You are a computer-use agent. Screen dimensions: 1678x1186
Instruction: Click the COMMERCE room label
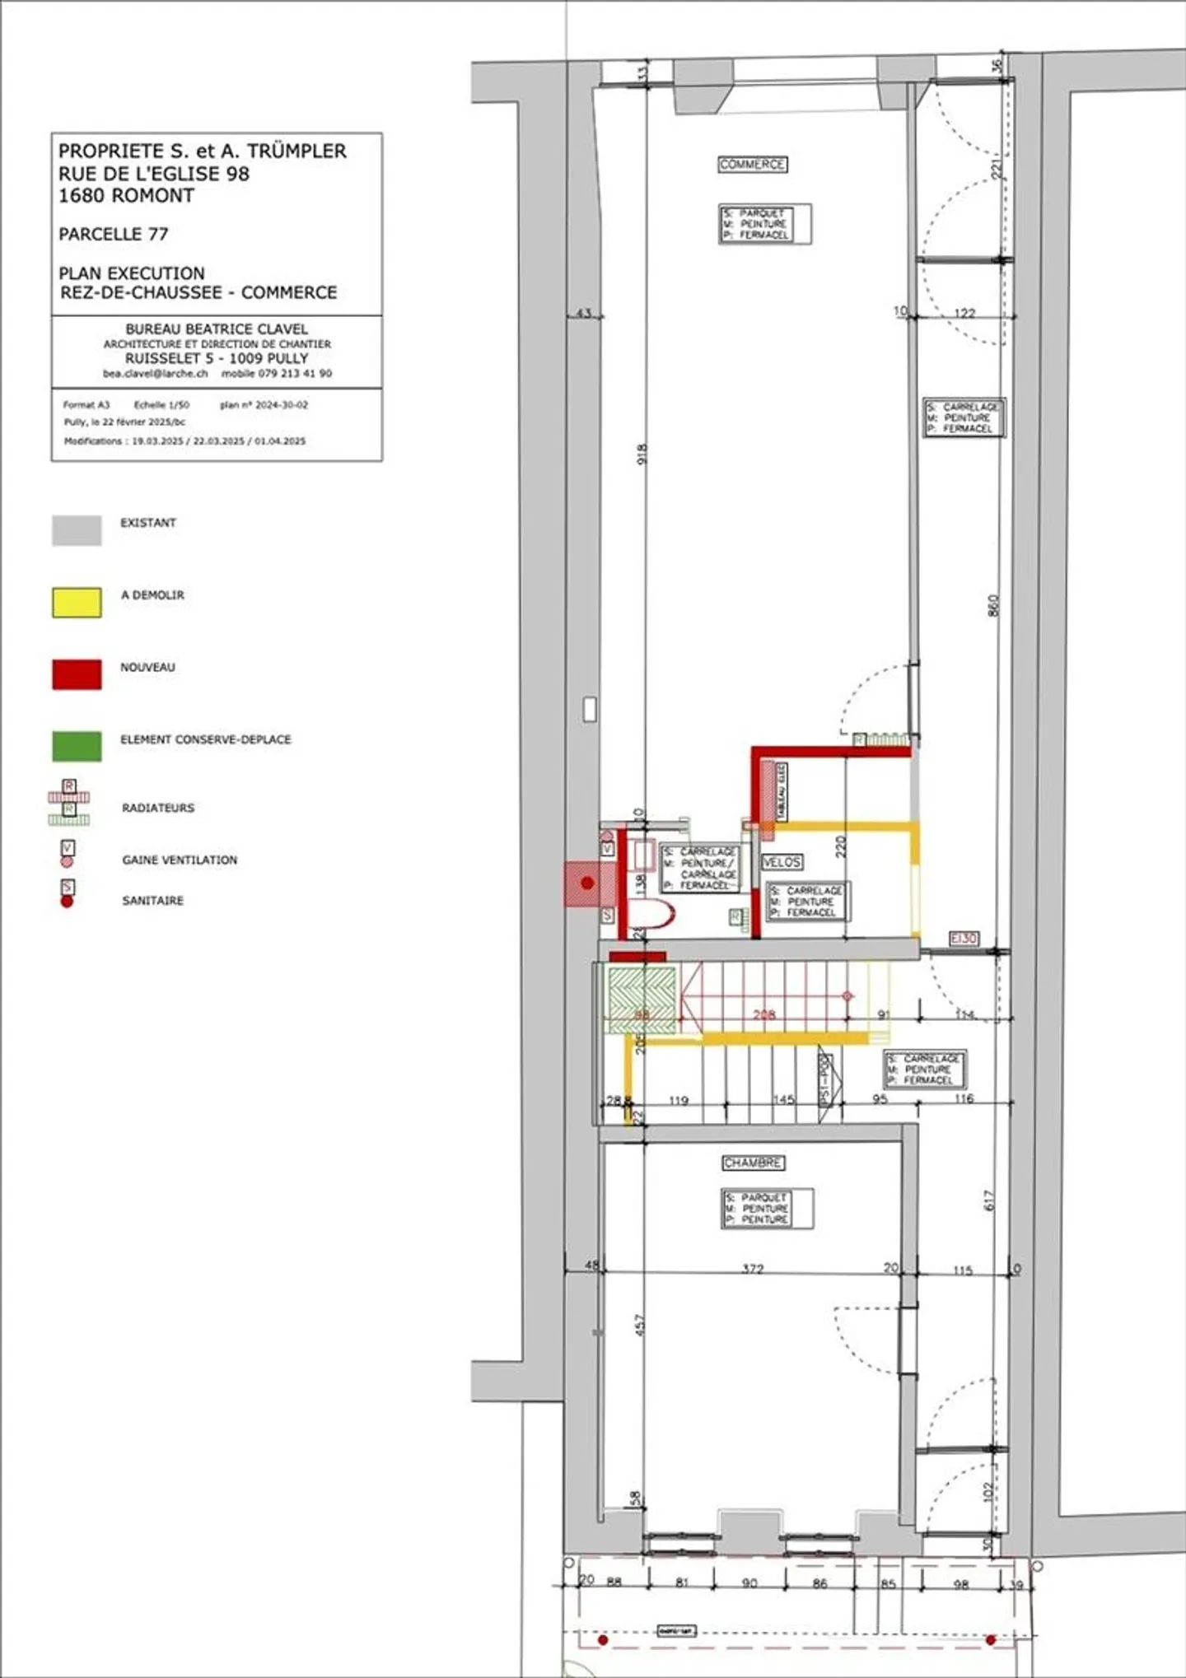(752, 165)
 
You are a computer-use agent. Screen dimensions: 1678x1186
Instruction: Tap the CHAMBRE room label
(753, 1163)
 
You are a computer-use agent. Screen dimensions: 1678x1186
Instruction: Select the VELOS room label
(782, 862)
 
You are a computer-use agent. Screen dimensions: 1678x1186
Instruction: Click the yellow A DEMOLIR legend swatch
(77, 602)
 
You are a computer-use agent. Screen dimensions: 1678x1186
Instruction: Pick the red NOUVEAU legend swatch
(77, 674)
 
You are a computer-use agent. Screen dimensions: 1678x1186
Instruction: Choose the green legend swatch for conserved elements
(77, 746)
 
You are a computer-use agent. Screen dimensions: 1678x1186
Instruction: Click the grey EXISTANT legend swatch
(77, 530)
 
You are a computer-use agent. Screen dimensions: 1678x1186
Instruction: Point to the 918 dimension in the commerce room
(642, 454)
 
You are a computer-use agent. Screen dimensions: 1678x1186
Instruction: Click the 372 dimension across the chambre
(753, 1269)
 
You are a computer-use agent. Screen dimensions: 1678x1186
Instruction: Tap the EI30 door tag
(964, 939)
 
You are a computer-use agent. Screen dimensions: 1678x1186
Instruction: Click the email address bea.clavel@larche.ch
(155, 374)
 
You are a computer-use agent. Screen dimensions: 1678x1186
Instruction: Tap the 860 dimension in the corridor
(993, 605)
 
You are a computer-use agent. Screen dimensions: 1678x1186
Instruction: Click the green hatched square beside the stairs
(642, 999)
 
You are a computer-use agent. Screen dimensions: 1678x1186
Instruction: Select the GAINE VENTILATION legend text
(180, 860)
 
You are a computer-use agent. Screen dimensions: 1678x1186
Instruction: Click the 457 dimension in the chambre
(641, 1324)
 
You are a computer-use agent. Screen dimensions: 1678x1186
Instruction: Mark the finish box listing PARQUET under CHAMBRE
(767, 1208)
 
